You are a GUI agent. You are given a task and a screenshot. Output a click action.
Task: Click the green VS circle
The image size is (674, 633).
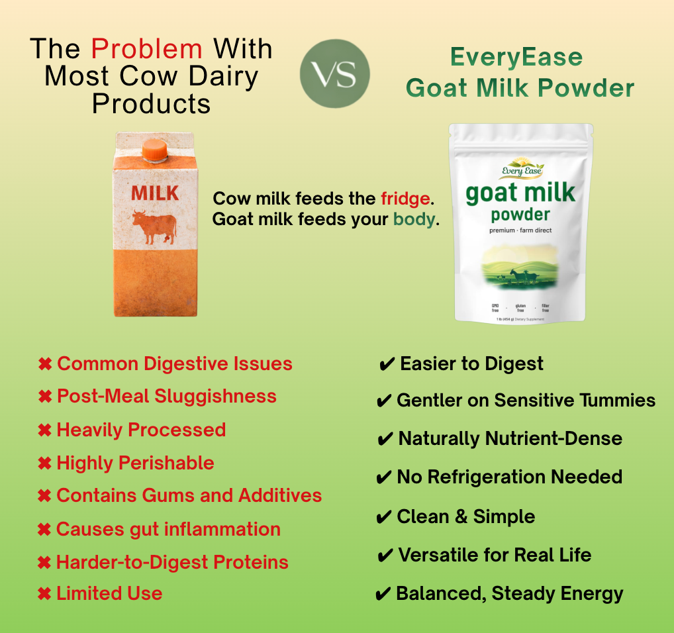334,73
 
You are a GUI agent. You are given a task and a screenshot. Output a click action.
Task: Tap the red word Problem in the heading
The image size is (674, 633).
146,49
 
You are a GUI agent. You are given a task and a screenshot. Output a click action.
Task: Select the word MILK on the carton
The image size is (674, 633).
155,193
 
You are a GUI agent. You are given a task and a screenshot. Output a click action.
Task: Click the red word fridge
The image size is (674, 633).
405,199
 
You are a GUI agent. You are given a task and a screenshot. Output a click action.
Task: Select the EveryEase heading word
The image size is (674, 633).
516,57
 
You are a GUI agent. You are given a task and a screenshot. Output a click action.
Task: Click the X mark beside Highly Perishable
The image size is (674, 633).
45,463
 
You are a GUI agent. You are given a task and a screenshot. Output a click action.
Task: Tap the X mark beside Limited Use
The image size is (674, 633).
45,594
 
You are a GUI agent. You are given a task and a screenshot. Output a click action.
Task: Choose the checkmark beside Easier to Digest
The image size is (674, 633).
387,364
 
